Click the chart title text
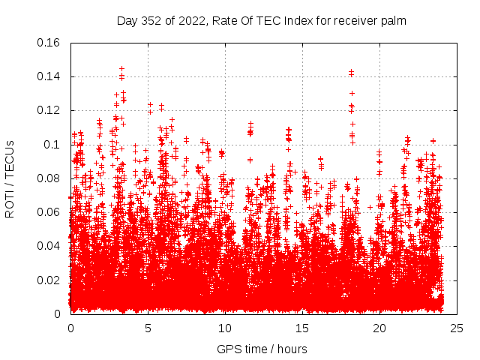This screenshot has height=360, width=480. (x=262, y=21)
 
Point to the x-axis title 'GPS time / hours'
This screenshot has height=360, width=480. (x=262, y=349)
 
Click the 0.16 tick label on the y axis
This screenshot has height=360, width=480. (x=49, y=43)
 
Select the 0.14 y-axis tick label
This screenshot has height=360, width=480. (x=49, y=76)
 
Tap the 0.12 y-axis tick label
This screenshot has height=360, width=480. (x=49, y=110)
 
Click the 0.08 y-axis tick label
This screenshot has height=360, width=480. (x=49, y=178)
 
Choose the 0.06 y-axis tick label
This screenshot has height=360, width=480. (x=49, y=212)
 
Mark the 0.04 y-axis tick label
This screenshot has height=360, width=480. (x=49, y=246)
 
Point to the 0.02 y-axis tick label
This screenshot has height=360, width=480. (x=49, y=280)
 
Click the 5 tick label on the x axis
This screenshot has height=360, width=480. (x=148, y=328)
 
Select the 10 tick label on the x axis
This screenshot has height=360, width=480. (x=225, y=328)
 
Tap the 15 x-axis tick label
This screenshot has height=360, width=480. (x=302, y=328)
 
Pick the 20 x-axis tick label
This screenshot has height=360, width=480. (x=379, y=328)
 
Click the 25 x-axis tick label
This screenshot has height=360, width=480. (x=457, y=328)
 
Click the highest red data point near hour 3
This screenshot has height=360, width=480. (x=121, y=68)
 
